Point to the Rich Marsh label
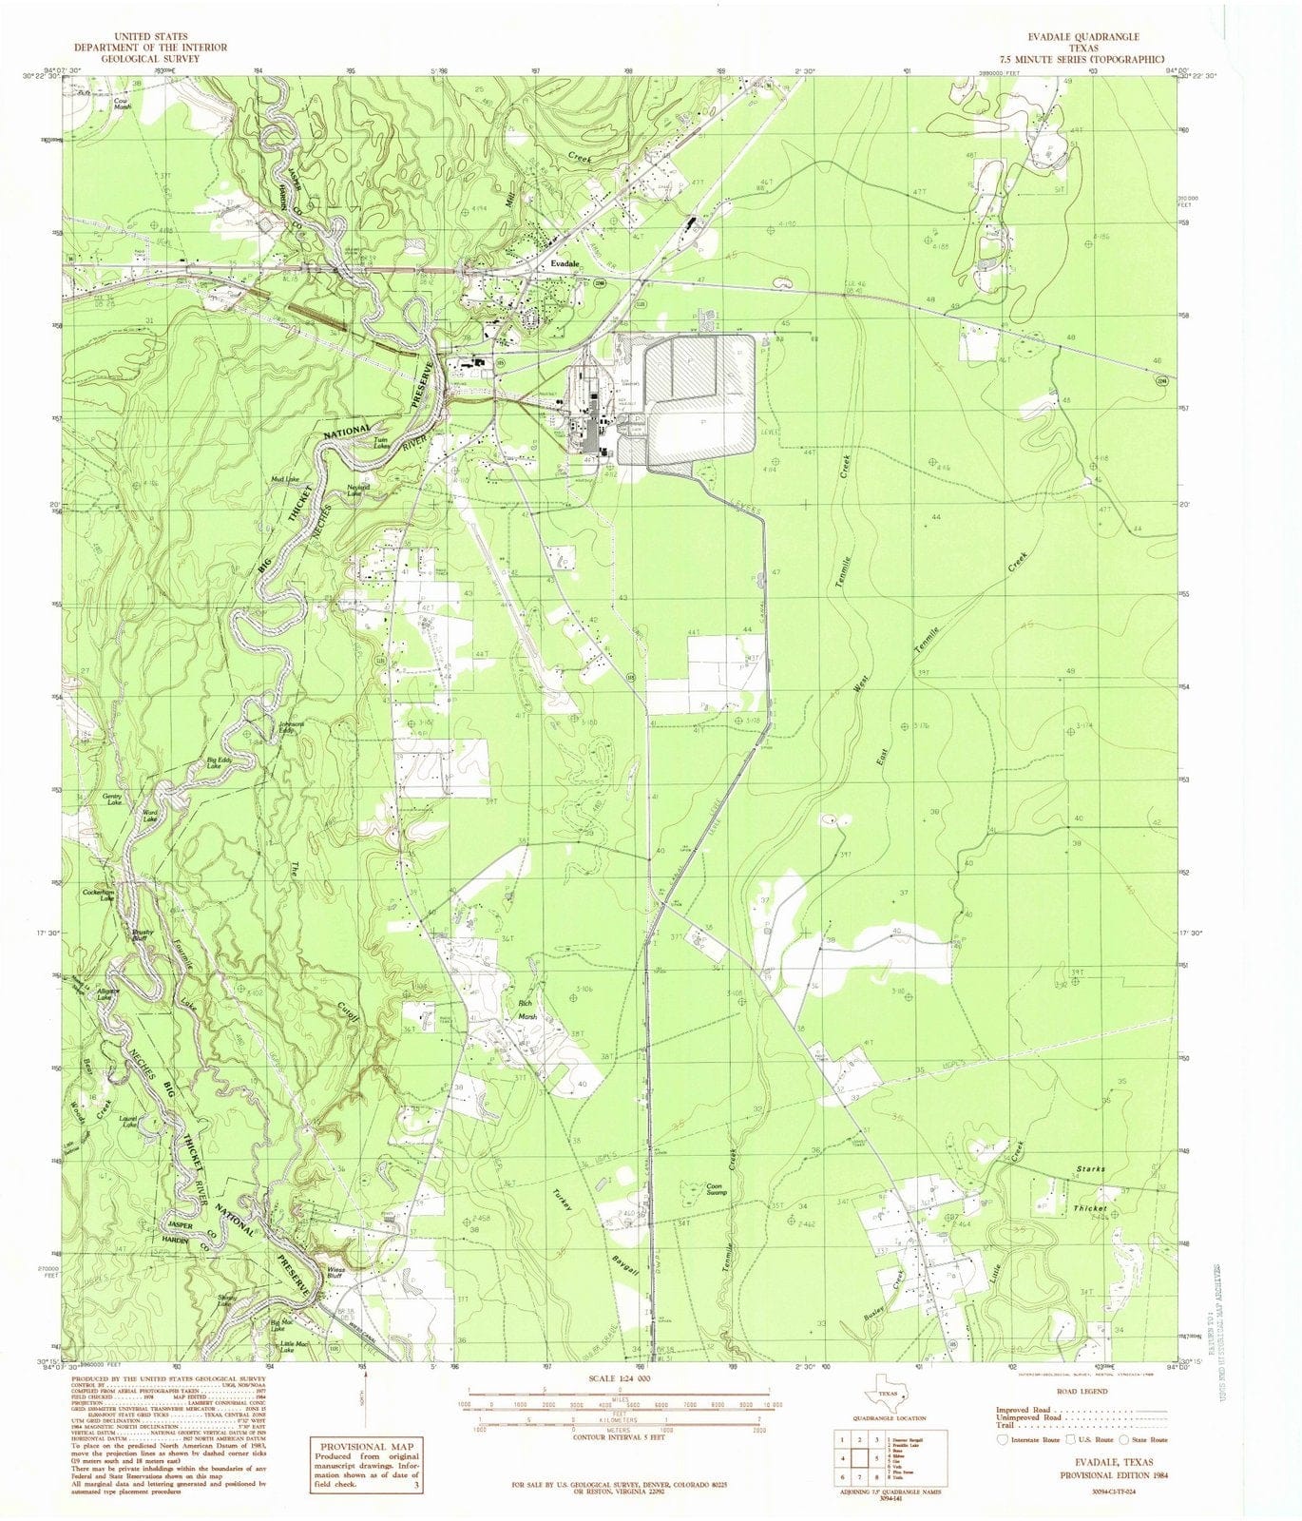point(526,1010)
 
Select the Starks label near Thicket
point(1090,1167)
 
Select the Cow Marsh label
point(121,103)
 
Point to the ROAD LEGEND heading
point(1080,1391)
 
